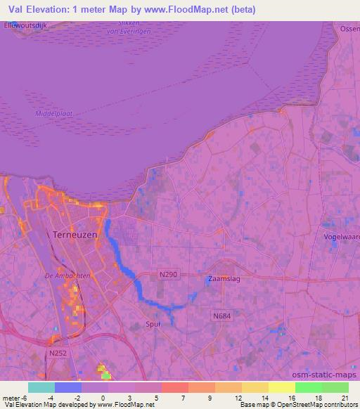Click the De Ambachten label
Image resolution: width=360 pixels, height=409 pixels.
(x=67, y=276)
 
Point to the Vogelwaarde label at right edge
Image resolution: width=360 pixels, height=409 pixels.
(x=342, y=237)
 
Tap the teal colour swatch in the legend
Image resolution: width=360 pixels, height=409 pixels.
(x=41, y=387)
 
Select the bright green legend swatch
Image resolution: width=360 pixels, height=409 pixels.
(x=308, y=387)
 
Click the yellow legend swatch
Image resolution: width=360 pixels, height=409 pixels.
(x=281, y=387)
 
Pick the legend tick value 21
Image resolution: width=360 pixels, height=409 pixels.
(x=345, y=398)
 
